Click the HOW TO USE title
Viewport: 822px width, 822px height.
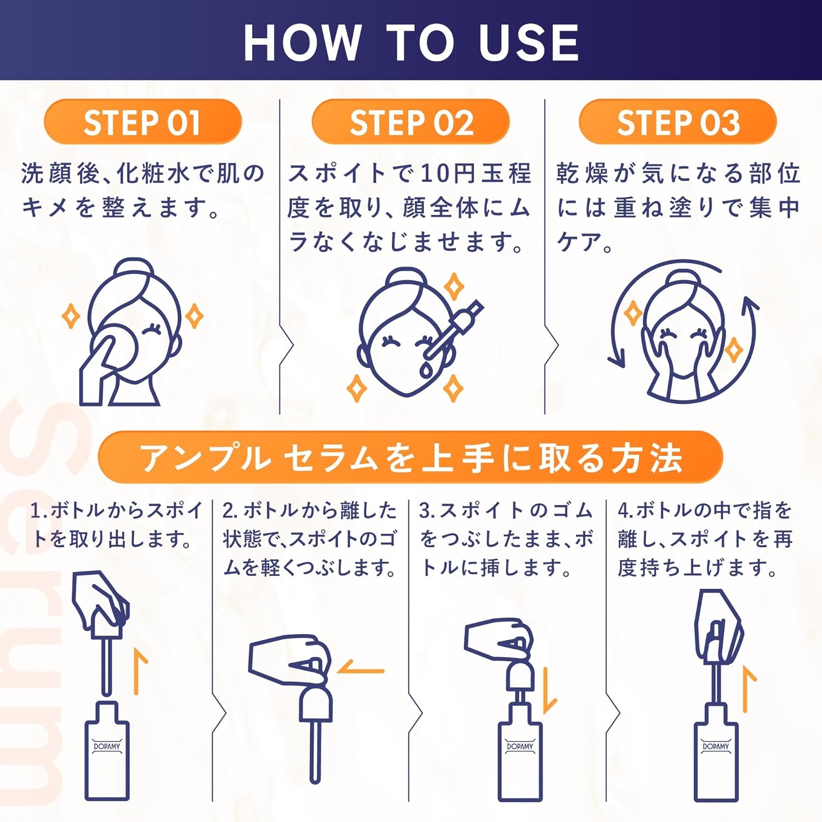click(411, 42)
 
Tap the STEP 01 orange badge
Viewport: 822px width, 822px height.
click(142, 122)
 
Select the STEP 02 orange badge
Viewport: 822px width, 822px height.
click(411, 122)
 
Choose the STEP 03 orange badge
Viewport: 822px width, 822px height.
click(678, 122)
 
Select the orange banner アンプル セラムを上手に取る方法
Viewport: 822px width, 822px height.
click(410, 458)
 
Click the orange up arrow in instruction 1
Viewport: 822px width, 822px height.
click(140, 671)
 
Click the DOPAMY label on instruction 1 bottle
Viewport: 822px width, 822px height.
click(107, 746)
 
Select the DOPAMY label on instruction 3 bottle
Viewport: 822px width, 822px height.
click(520, 746)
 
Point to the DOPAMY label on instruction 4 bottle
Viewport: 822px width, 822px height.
click(716, 746)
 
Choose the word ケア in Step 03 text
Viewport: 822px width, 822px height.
click(579, 242)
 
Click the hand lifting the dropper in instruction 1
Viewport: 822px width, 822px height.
click(100, 600)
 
